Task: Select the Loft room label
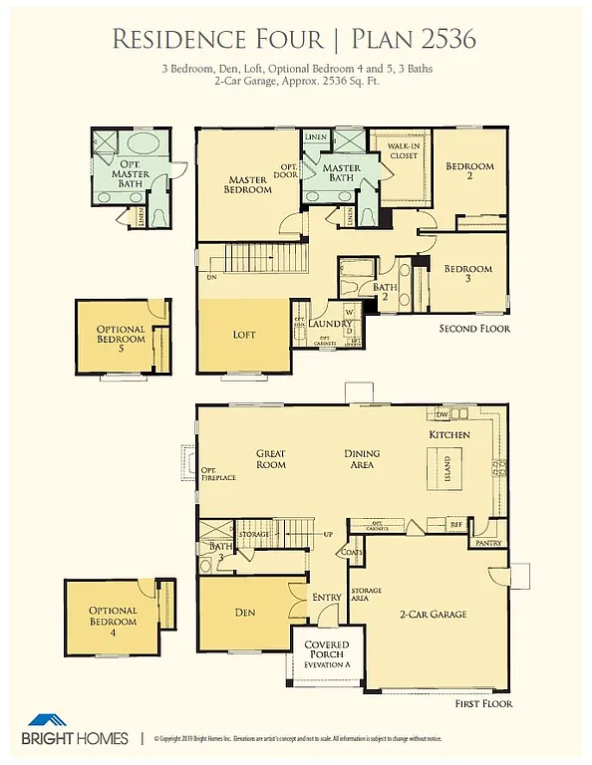pyautogui.click(x=244, y=335)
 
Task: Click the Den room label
pyautogui.click(x=246, y=613)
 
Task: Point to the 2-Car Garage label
pyautogui.click(x=434, y=615)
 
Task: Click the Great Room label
pyautogui.click(x=270, y=458)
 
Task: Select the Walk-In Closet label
pyautogui.click(x=402, y=151)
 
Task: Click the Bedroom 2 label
pyautogui.click(x=467, y=171)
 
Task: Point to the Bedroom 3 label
pyautogui.click(x=467, y=274)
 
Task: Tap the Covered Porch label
pyautogui.click(x=326, y=651)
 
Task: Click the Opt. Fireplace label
pyautogui.click(x=216, y=474)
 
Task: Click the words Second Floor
pyautogui.click(x=474, y=329)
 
